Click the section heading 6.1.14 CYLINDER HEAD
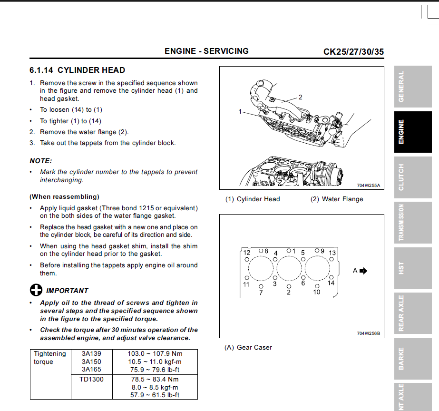pyautogui.click(x=77, y=70)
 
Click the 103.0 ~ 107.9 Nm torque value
pyautogui.click(x=155, y=353)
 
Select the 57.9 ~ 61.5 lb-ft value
pyautogui.click(x=155, y=395)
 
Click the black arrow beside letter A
pyautogui.click(x=364, y=271)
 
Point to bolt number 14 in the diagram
pyautogui.click(x=331, y=283)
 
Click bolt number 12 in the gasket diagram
pyautogui.click(x=247, y=253)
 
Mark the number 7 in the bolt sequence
pyautogui.click(x=261, y=293)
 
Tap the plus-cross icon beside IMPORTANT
pyautogui.click(x=36, y=290)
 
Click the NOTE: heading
pyautogui.click(x=41, y=161)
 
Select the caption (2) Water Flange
pyautogui.click(x=337, y=199)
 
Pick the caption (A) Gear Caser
pyautogui.click(x=248, y=347)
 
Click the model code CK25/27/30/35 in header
pyautogui.click(x=353, y=51)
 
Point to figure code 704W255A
pyautogui.click(x=369, y=186)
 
